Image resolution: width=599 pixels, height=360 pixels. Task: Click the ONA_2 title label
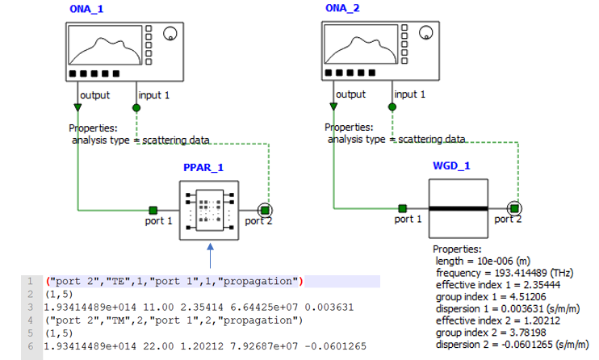[347, 8]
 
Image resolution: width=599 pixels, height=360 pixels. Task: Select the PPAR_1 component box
[209, 210]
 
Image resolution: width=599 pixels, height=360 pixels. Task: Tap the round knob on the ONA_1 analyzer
[170, 34]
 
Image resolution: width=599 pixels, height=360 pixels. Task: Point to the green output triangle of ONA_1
[77, 107]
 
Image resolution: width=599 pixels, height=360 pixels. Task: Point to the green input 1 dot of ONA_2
[395, 107]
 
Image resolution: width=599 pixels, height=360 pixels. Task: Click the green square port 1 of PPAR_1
[152, 210]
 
